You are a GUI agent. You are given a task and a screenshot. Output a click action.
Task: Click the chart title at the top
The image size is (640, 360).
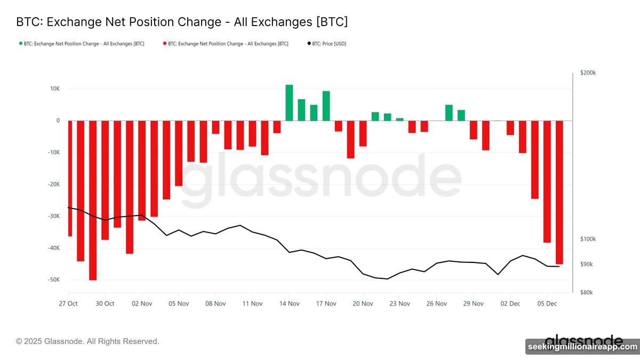tap(182, 22)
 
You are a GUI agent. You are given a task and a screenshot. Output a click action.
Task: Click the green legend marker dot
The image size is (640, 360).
tap(20, 44)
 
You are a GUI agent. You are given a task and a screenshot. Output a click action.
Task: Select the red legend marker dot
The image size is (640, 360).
tap(164, 44)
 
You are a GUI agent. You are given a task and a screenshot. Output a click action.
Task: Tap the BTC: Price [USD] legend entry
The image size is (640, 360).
tap(326, 44)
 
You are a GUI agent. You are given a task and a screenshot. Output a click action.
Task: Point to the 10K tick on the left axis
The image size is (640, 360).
tap(54, 89)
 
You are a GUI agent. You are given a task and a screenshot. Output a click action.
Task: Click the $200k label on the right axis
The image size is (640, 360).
tap(588, 73)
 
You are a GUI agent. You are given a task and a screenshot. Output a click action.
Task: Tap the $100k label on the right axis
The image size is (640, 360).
tap(588, 239)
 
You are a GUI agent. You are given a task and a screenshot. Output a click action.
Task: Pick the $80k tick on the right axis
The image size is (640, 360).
tap(587, 292)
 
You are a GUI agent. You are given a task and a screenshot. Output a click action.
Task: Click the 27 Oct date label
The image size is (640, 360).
tap(68, 303)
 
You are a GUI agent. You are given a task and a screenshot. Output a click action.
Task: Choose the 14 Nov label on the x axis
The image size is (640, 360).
tap(289, 303)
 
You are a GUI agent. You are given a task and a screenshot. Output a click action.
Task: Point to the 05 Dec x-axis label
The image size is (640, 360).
tap(547, 303)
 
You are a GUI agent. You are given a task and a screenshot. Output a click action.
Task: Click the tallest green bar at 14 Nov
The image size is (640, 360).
tap(289, 103)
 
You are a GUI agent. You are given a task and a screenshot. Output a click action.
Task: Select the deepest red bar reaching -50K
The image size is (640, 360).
tap(93, 200)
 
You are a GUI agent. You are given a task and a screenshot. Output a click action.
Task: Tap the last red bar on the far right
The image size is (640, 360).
tap(559, 192)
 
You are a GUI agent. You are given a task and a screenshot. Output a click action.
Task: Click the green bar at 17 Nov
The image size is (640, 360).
tap(326, 106)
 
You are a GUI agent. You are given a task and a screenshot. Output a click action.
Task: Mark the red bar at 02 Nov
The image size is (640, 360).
tap(142, 170)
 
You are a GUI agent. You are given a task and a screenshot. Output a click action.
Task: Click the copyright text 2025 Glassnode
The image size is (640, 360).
tap(87, 341)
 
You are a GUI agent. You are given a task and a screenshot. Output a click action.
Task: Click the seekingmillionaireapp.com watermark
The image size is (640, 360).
tap(582, 347)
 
